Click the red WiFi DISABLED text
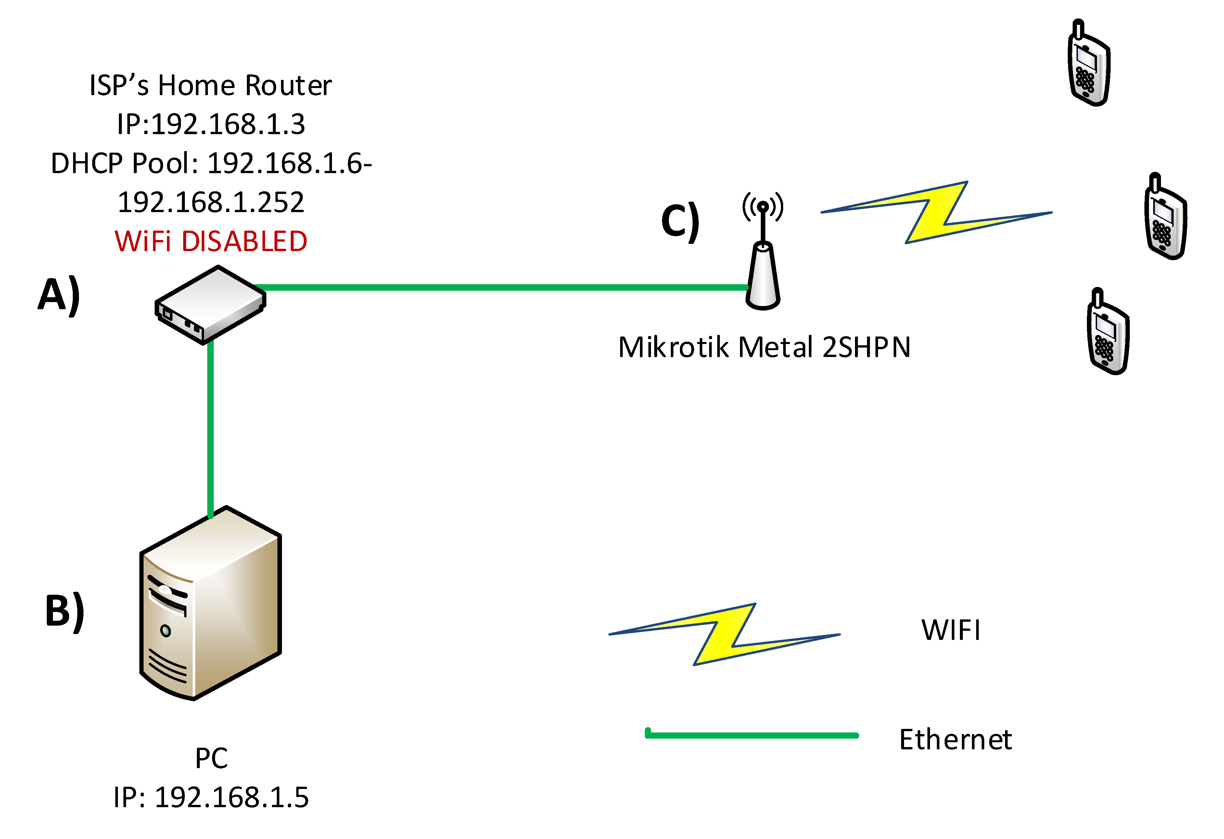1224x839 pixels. pyautogui.click(x=211, y=242)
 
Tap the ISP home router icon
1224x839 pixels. pyautogui.click(x=210, y=304)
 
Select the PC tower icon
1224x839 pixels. pyautogui.click(x=210, y=603)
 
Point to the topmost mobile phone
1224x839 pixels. pyautogui.click(x=1089, y=64)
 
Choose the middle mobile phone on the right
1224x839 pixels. pyautogui.click(x=1166, y=217)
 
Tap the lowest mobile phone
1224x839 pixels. pyautogui.click(x=1108, y=332)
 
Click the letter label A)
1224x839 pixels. pyautogui.click(x=59, y=295)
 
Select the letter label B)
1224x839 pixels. pyautogui.click(x=65, y=611)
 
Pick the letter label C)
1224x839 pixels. pyautogui.click(x=680, y=221)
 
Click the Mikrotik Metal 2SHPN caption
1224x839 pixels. pyautogui.click(x=764, y=348)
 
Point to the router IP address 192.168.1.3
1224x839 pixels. pyautogui.click(x=211, y=125)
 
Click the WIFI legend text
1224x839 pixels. pyautogui.click(x=951, y=630)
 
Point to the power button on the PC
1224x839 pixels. pyautogui.click(x=165, y=630)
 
